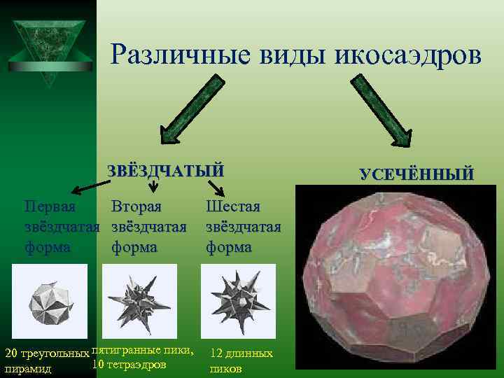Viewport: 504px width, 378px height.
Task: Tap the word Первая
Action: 50,207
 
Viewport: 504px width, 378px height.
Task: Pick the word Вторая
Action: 136,207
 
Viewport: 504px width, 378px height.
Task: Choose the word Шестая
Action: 233,207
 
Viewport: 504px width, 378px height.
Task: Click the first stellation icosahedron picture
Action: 50,299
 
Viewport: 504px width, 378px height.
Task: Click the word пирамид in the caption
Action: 26,368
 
